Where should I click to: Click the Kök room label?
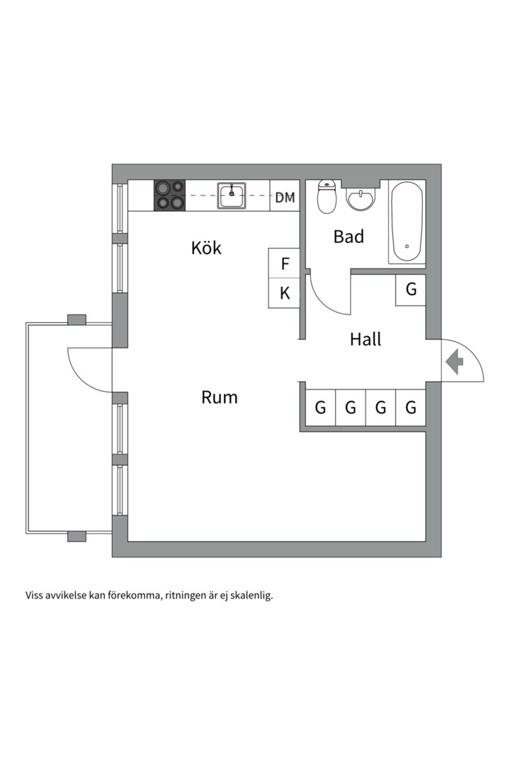pyautogui.click(x=206, y=248)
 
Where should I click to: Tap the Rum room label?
pyautogui.click(x=220, y=397)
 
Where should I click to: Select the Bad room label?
pyautogui.click(x=348, y=237)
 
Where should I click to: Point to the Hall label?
pyautogui.click(x=365, y=339)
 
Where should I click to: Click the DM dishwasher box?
pyautogui.click(x=285, y=198)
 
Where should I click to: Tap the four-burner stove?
pyautogui.click(x=170, y=195)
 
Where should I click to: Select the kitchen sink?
pyautogui.click(x=232, y=195)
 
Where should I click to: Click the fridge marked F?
pyautogui.click(x=285, y=264)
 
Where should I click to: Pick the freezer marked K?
pyautogui.click(x=285, y=293)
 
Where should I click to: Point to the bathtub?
pyautogui.click(x=407, y=222)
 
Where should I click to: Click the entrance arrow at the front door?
pyautogui.click(x=454, y=362)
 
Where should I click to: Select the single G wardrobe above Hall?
pyautogui.click(x=411, y=290)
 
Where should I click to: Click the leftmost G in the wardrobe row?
pyautogui.click(x=320, y=407)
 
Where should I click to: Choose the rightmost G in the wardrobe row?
pyautogui.click(x=411, y=407)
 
